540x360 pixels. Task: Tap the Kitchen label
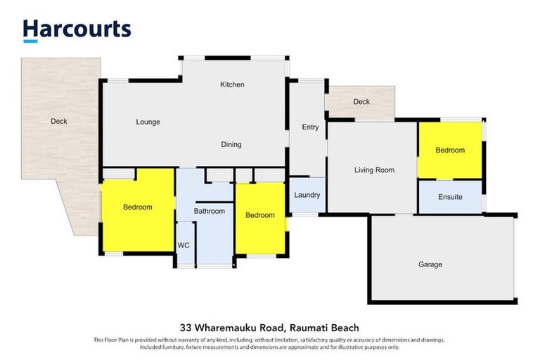click(x=232, y=84)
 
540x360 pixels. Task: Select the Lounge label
click(x=148, y=122)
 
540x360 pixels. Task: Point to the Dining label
click(x=231, y=145)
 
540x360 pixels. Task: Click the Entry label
click(x=310, y=127)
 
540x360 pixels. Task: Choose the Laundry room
click(x=307, y=195)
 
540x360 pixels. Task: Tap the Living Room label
click(x=373, y=169)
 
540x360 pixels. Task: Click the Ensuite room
click(x=450, y=197)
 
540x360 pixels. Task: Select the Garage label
click(x=430, y=264)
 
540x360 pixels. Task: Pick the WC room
click(x=184, y=245)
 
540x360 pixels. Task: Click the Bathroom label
click(x=210, y=211)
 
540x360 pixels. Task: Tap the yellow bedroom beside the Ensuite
click(x=450, y=150)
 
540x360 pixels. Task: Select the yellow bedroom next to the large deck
click(x=138, y=207)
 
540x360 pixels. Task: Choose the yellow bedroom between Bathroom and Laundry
click(x=259, y=215)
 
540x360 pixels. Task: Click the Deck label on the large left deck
click(x=59, y=121)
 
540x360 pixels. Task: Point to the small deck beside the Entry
click(x=361, y=102)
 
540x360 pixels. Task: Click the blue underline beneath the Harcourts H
click(x=30, y=41)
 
